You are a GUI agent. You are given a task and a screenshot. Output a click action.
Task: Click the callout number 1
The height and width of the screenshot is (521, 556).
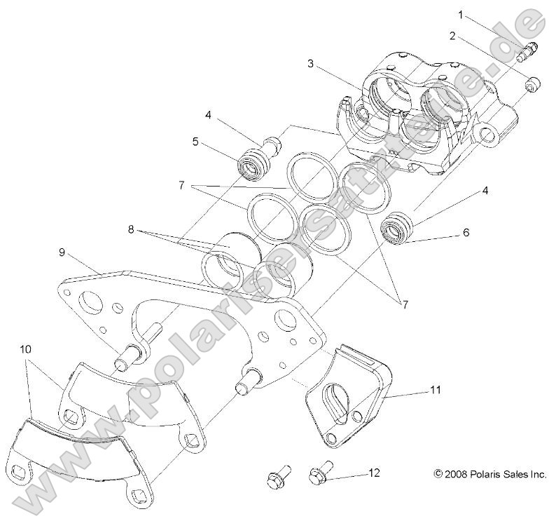461,14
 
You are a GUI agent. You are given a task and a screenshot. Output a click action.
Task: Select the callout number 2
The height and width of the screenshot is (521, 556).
453,35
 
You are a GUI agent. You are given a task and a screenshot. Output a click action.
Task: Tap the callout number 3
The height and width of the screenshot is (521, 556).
310,64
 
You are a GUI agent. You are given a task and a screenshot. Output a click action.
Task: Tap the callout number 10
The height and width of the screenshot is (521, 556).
25,349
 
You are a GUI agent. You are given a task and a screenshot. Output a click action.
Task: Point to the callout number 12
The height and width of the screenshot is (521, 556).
374,473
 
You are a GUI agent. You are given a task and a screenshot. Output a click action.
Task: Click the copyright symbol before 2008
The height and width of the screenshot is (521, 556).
438,475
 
